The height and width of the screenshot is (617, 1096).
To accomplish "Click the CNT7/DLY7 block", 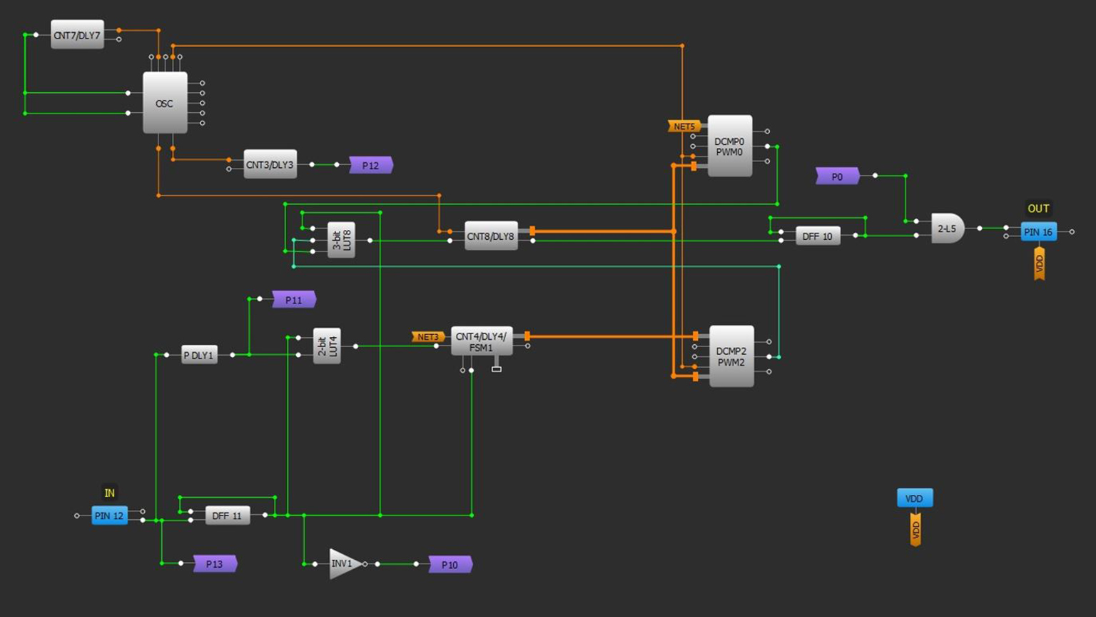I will click(x=77, y=35).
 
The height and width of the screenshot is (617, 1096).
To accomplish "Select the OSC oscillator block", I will click(x=165, y=103).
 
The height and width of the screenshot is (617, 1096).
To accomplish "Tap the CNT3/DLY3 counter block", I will click(x=270, y=164).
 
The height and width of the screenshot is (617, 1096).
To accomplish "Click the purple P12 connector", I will click(x=370, y=165).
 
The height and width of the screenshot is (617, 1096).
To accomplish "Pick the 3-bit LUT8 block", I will click(x=341, y=240).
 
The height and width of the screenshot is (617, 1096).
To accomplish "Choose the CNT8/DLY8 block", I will click(x=491, y=236).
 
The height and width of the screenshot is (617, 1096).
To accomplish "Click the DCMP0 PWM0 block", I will click(x=729, y=146).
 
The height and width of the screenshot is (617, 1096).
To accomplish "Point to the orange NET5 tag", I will click(x=684, y=126).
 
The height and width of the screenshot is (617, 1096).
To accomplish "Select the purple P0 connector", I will click(x=837, y=176).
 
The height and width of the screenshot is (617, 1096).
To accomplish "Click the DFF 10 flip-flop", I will click(x=817, y=236).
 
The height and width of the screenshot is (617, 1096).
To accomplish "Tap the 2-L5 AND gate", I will click(x=947, y=229).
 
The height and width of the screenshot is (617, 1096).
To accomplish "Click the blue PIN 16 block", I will click(x=1038, y=231).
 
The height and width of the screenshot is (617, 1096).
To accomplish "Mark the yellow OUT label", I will click(x=1038, y=209).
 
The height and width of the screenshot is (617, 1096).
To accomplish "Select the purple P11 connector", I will click(x=293, y=300).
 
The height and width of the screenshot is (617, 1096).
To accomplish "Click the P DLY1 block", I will click(x=199, y=355).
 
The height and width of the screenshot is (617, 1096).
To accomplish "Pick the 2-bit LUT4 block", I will click(x=327, y=346).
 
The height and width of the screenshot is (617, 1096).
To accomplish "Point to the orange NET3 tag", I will click(x=427, y=336).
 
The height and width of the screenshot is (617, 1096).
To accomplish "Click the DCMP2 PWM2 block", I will click(x=731, y=356).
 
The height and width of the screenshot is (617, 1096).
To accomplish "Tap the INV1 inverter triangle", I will click(x=343, y=563).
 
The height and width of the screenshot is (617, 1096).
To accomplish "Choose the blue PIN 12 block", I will click(x=109, y=515).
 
